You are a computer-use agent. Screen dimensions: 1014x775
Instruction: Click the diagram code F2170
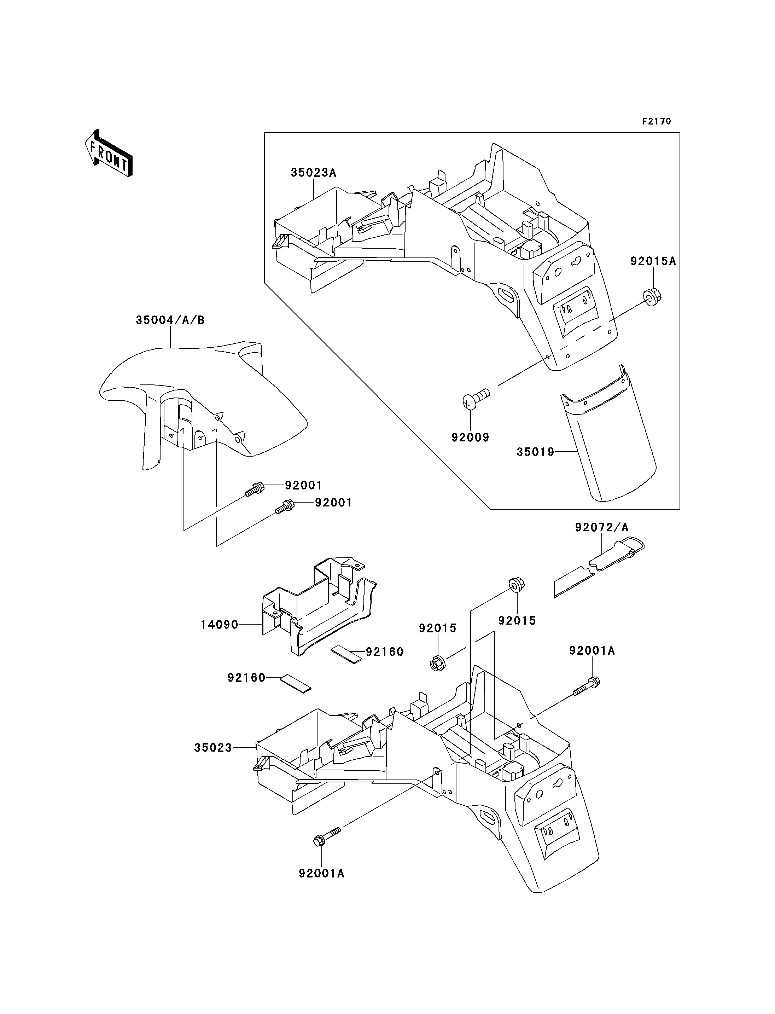657,121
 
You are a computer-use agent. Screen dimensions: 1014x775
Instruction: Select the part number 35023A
313,173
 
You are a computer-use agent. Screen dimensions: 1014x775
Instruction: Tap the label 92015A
653,262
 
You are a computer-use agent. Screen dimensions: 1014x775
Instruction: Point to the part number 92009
470,437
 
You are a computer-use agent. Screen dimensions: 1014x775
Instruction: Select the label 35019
535,452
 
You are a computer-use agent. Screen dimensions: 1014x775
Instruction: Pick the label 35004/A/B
170,320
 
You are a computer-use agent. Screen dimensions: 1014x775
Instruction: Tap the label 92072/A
601,527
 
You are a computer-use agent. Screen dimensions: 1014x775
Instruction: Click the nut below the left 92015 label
436,664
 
